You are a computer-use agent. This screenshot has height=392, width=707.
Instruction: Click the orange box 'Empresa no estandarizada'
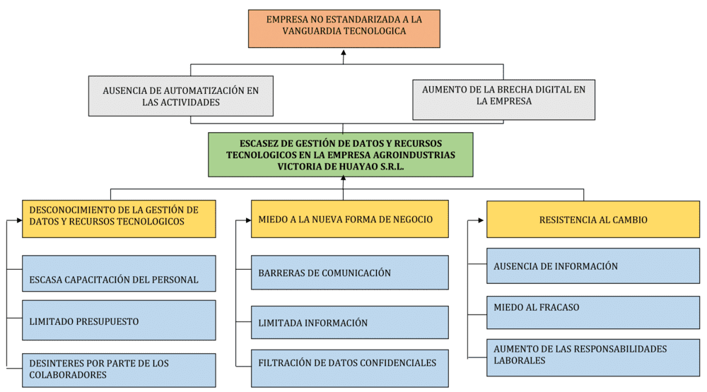pos(344,28)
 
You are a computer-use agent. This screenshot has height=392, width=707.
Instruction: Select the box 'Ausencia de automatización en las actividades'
pos(180,96)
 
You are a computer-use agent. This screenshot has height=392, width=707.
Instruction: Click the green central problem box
pos(341,154)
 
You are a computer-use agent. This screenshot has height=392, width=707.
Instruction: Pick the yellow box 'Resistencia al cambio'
pos(592,220)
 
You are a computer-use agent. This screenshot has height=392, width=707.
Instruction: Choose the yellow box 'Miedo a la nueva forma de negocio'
pos(349,219)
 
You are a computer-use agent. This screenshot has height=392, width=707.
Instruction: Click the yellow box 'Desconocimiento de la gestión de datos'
pos(119,216)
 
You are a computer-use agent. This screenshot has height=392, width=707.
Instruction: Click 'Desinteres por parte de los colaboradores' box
pos(119,369)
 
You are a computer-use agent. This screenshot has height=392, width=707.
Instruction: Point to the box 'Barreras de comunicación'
pos(349,273)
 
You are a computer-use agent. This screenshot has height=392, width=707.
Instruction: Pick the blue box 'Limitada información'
pos(349,322)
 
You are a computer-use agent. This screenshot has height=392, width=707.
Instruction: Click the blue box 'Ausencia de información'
pos(592,266)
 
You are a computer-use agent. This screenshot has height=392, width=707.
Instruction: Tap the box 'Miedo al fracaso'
pos(592,308)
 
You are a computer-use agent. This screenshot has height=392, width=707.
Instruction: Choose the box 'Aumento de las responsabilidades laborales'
pos(592,355)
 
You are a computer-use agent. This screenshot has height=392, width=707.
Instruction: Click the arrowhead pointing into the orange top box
pos(344,52)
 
